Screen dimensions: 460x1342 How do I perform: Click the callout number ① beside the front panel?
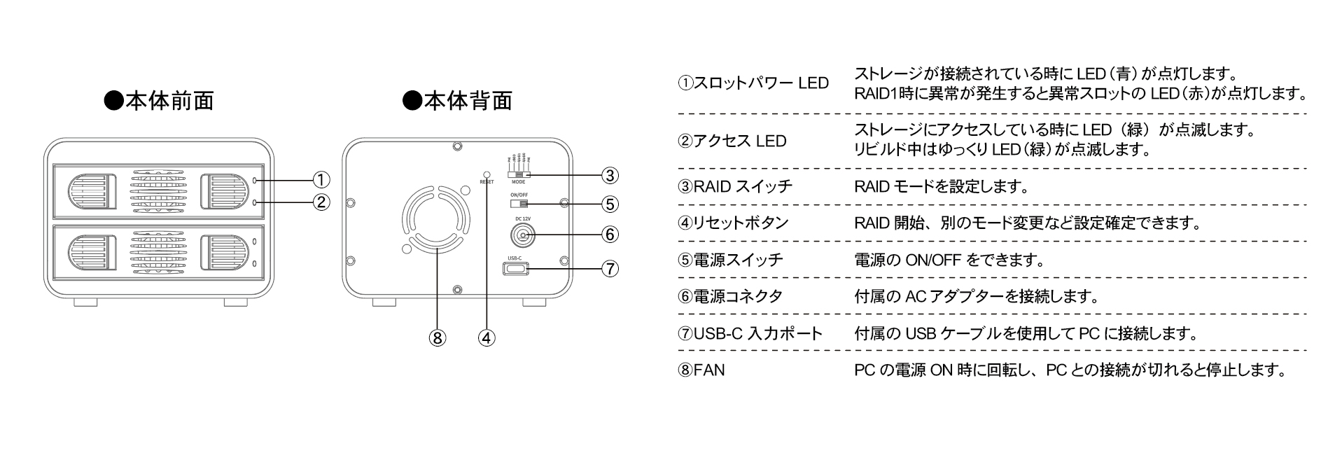(321, 180)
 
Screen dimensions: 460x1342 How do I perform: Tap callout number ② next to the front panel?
(321, 202)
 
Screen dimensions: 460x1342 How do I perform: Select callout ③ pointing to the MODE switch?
(610, 174)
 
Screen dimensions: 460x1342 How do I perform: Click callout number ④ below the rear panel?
(487, 337)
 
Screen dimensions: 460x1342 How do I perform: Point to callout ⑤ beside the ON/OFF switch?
(610, 204)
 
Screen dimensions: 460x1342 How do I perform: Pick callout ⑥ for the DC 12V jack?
(610, 234)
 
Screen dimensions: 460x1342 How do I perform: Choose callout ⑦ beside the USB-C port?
(610, 268)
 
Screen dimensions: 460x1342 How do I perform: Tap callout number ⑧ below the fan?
(438, 337)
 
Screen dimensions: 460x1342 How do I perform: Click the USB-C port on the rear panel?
(515, 268)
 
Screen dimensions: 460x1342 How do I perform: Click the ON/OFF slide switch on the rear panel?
(519, 204)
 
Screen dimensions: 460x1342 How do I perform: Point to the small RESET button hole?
(487, 172)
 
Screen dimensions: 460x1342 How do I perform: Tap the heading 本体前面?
(159, 101)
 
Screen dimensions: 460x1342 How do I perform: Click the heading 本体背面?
(459, 101)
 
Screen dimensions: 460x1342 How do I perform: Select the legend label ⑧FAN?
(701, 370)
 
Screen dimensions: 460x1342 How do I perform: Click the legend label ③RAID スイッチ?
(735, 186)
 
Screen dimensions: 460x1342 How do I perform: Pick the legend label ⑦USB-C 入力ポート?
(750, 333)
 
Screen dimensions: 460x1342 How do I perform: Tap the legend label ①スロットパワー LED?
(753, 83)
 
